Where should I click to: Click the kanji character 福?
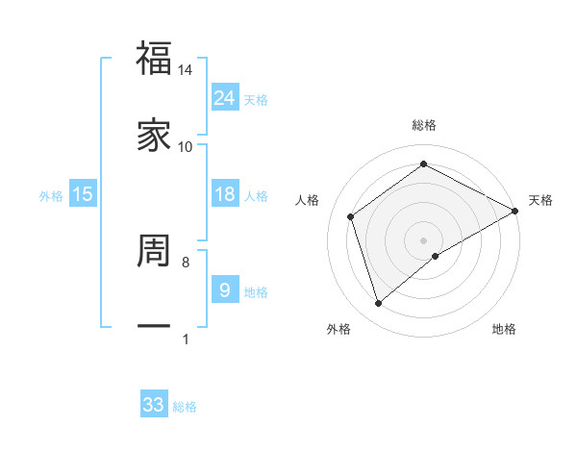click(x=154, y=60)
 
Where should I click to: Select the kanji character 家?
click(x=154, y=136)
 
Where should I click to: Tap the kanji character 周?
click(x=154, y=251)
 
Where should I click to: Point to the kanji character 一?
click(x=154, y=327)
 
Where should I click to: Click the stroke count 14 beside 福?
click(x=186, y=70)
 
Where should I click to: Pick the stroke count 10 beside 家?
click(x=186, y=146)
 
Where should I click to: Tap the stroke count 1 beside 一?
click(x=186, y=339)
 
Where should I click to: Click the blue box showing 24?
click(x=225, y=98)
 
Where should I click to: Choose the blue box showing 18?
click(x=225, y=194)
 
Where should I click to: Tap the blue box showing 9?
click(x=225, y=289)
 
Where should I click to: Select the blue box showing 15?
click(x=83, y=194)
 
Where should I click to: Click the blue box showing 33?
click(x=154, y=405)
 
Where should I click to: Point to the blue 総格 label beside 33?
click(x=185, y=407)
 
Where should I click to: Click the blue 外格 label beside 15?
click(x=51, y=196)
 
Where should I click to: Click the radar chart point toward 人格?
click(x=351, y=216)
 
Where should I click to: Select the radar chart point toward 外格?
click(x=378, y=304)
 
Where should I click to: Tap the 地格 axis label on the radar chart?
click(x=504, y=329)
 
